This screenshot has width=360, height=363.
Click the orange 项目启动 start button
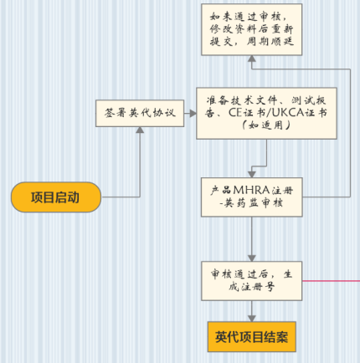[56, 197]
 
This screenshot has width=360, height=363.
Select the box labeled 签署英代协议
[140, 113]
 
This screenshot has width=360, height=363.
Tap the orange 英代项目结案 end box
[252, 337]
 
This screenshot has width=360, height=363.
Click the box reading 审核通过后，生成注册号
[252, 281]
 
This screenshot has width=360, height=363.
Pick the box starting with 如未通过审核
[252, 29]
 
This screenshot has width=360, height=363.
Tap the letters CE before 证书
[235, 113]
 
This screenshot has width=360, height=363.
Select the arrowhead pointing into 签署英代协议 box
[140, 130]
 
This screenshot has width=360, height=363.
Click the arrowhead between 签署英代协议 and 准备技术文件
[193, 113]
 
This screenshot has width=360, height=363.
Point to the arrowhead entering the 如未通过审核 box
[252, 59]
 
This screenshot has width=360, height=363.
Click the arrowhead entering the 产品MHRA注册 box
[252, 175]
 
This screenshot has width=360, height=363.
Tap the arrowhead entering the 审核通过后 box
[252, 258]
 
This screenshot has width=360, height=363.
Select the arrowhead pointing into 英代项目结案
[252, 319]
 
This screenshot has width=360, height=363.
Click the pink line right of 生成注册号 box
[332, 281]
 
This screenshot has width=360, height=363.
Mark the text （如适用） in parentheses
[266, 125]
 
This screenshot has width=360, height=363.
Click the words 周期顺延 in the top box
[270, 42]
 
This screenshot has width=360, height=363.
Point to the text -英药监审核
[251, 202]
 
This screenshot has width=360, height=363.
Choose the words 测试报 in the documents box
[309, 100]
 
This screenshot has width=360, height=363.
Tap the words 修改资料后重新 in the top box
[252, 29]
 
